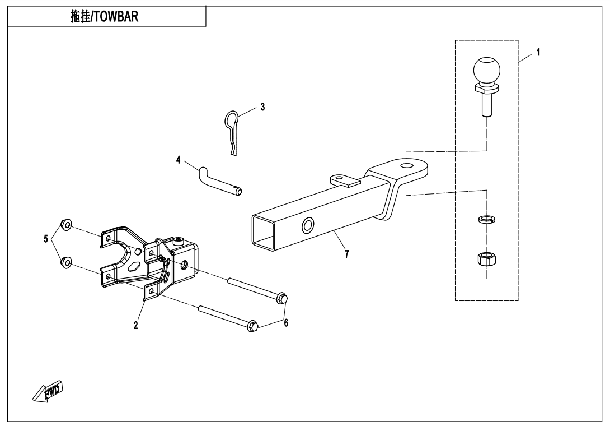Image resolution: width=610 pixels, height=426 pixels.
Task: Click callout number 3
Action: tap(262, 106)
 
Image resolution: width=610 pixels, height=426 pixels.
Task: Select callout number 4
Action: tap(179, 160)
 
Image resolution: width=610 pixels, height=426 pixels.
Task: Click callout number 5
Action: tap(46, 239)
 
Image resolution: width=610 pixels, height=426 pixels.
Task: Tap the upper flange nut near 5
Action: tap(66, 225)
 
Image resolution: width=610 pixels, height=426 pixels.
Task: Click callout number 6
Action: tap(286, 323)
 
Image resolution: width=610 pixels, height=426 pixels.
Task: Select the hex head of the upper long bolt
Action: tap(282, 298)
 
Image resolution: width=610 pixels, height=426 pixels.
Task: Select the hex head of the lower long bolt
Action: tap(252, 325)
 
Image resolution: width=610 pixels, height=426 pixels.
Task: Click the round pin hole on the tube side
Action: tap(308, 226)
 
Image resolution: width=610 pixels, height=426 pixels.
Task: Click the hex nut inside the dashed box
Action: tap(485, 259)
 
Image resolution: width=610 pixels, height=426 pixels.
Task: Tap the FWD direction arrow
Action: tap(48, 390)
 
